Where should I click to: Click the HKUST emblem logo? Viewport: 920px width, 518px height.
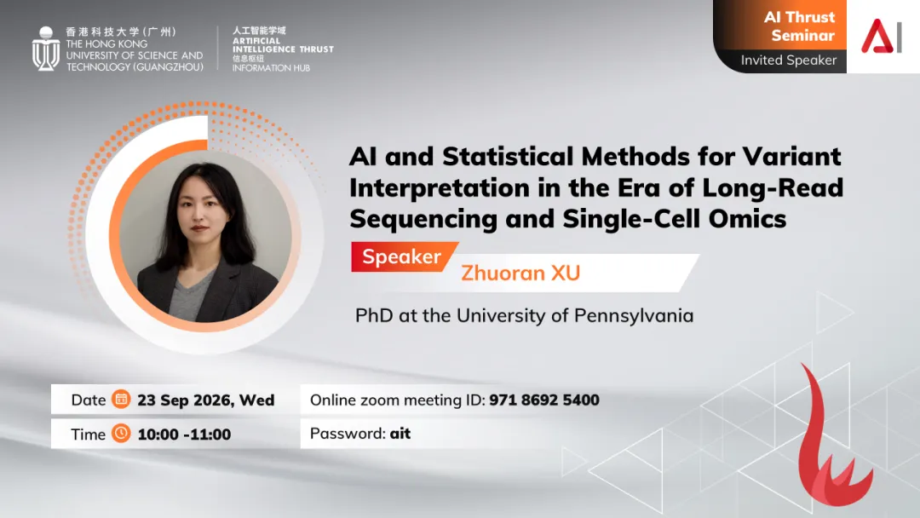click(46, 49)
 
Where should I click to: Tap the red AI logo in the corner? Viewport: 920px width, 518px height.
click(882, 36)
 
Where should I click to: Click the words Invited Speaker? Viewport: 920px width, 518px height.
click(788, 60)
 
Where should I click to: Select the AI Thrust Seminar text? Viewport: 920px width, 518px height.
click(799, 26)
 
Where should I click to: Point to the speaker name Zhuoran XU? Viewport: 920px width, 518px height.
click(520, 273)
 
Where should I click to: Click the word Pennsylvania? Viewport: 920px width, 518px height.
click(634, 316)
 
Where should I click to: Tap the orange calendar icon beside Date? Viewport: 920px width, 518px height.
click(121, 399)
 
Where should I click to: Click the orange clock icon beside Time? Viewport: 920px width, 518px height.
click(121, 433)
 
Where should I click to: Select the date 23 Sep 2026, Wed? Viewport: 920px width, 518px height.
click(206, 400)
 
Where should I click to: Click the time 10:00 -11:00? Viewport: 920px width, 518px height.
click(184, 435)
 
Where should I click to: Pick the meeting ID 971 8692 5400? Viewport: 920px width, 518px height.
click(544, 400)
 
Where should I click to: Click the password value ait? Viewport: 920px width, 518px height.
click(400, 434)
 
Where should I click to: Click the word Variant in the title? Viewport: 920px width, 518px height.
click(791, 157)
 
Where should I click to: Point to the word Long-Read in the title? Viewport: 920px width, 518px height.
click(773, 187)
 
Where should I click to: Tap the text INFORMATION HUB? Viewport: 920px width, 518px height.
click(271, 68)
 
